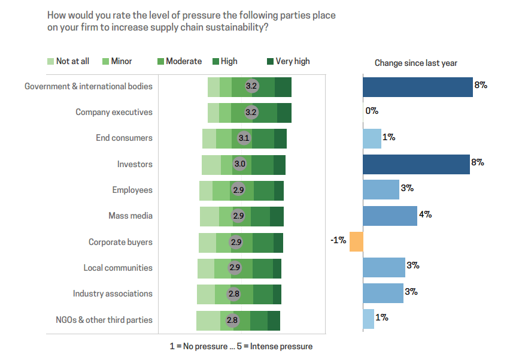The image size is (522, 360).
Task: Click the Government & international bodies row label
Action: pos(89,86)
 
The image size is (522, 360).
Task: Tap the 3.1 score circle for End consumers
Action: pos(244,138)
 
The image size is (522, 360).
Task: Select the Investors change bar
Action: pos(416,164)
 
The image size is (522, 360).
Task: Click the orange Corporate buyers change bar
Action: pos(356,241)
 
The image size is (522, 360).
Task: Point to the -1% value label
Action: pos(338,240)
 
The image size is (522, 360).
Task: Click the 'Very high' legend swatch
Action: pos(270,61)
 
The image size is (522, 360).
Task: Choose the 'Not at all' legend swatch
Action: pos(50,61)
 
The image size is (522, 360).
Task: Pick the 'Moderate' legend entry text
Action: pos(184,61)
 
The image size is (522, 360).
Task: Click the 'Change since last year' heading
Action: pos(415,63)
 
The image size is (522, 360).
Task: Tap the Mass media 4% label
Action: pos(426,214)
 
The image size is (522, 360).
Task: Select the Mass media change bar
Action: pos(390,216)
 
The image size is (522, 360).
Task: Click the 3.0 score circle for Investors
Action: pos(239,164)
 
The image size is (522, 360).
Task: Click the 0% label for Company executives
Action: pos(372,111)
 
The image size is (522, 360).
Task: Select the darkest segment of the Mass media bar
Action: pos(277,216)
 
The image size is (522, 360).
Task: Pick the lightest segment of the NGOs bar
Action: pos(208,320)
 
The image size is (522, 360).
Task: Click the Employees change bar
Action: pos(381,190)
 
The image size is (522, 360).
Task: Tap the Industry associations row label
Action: pos(113,294)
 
